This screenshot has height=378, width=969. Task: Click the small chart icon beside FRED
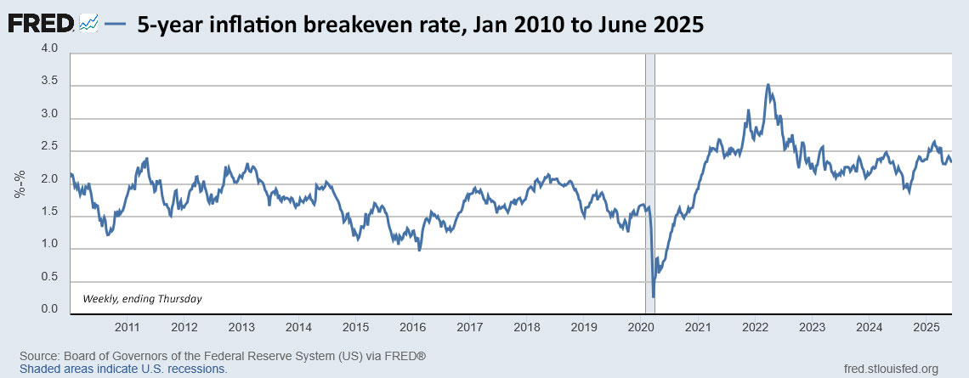(88, 25)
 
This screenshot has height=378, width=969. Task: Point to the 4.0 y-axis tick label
(49, 49)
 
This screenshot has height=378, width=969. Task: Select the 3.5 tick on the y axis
(49, 82)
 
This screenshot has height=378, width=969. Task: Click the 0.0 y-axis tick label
(49, 309)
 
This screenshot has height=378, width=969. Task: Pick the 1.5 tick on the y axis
(49, 212)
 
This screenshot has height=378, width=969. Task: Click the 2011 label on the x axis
(127, 327)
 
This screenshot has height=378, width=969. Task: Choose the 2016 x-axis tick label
(412, 327)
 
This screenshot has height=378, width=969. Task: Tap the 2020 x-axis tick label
(641, 327)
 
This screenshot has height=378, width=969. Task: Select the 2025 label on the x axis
(926, 327)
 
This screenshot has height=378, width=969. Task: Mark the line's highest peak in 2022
(768, 85)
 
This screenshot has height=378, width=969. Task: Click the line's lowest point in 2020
(653, 296)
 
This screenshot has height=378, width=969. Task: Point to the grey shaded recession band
(649, 170)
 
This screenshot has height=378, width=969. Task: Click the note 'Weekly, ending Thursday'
(142, 298)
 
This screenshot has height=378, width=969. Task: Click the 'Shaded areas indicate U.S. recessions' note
(123, 370)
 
